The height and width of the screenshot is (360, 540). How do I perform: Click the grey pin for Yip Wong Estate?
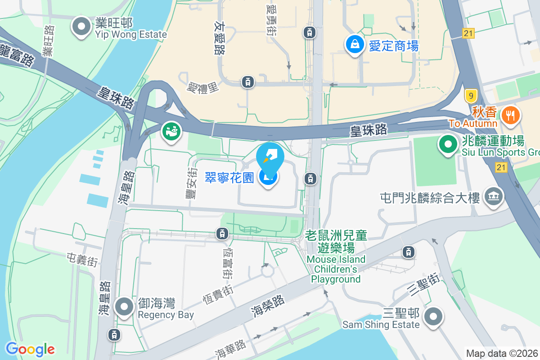tap(81, 27)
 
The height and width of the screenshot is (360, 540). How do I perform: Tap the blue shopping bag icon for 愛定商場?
tap(355, 44)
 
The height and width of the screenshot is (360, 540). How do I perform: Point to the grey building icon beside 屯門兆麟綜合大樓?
tap(494, 197)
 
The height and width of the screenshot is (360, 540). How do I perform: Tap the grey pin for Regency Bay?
tap(124, 307)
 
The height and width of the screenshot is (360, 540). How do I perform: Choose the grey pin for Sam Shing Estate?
tap(433, 317)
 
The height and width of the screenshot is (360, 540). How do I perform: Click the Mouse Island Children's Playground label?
tap(337, 257)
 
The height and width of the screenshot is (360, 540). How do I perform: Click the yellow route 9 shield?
tap(471, 95)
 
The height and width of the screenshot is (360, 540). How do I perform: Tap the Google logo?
tap(30, 349)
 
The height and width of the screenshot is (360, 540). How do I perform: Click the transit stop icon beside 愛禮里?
tap(247, 82)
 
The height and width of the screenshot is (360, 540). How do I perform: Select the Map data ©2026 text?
tap(502, 354)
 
